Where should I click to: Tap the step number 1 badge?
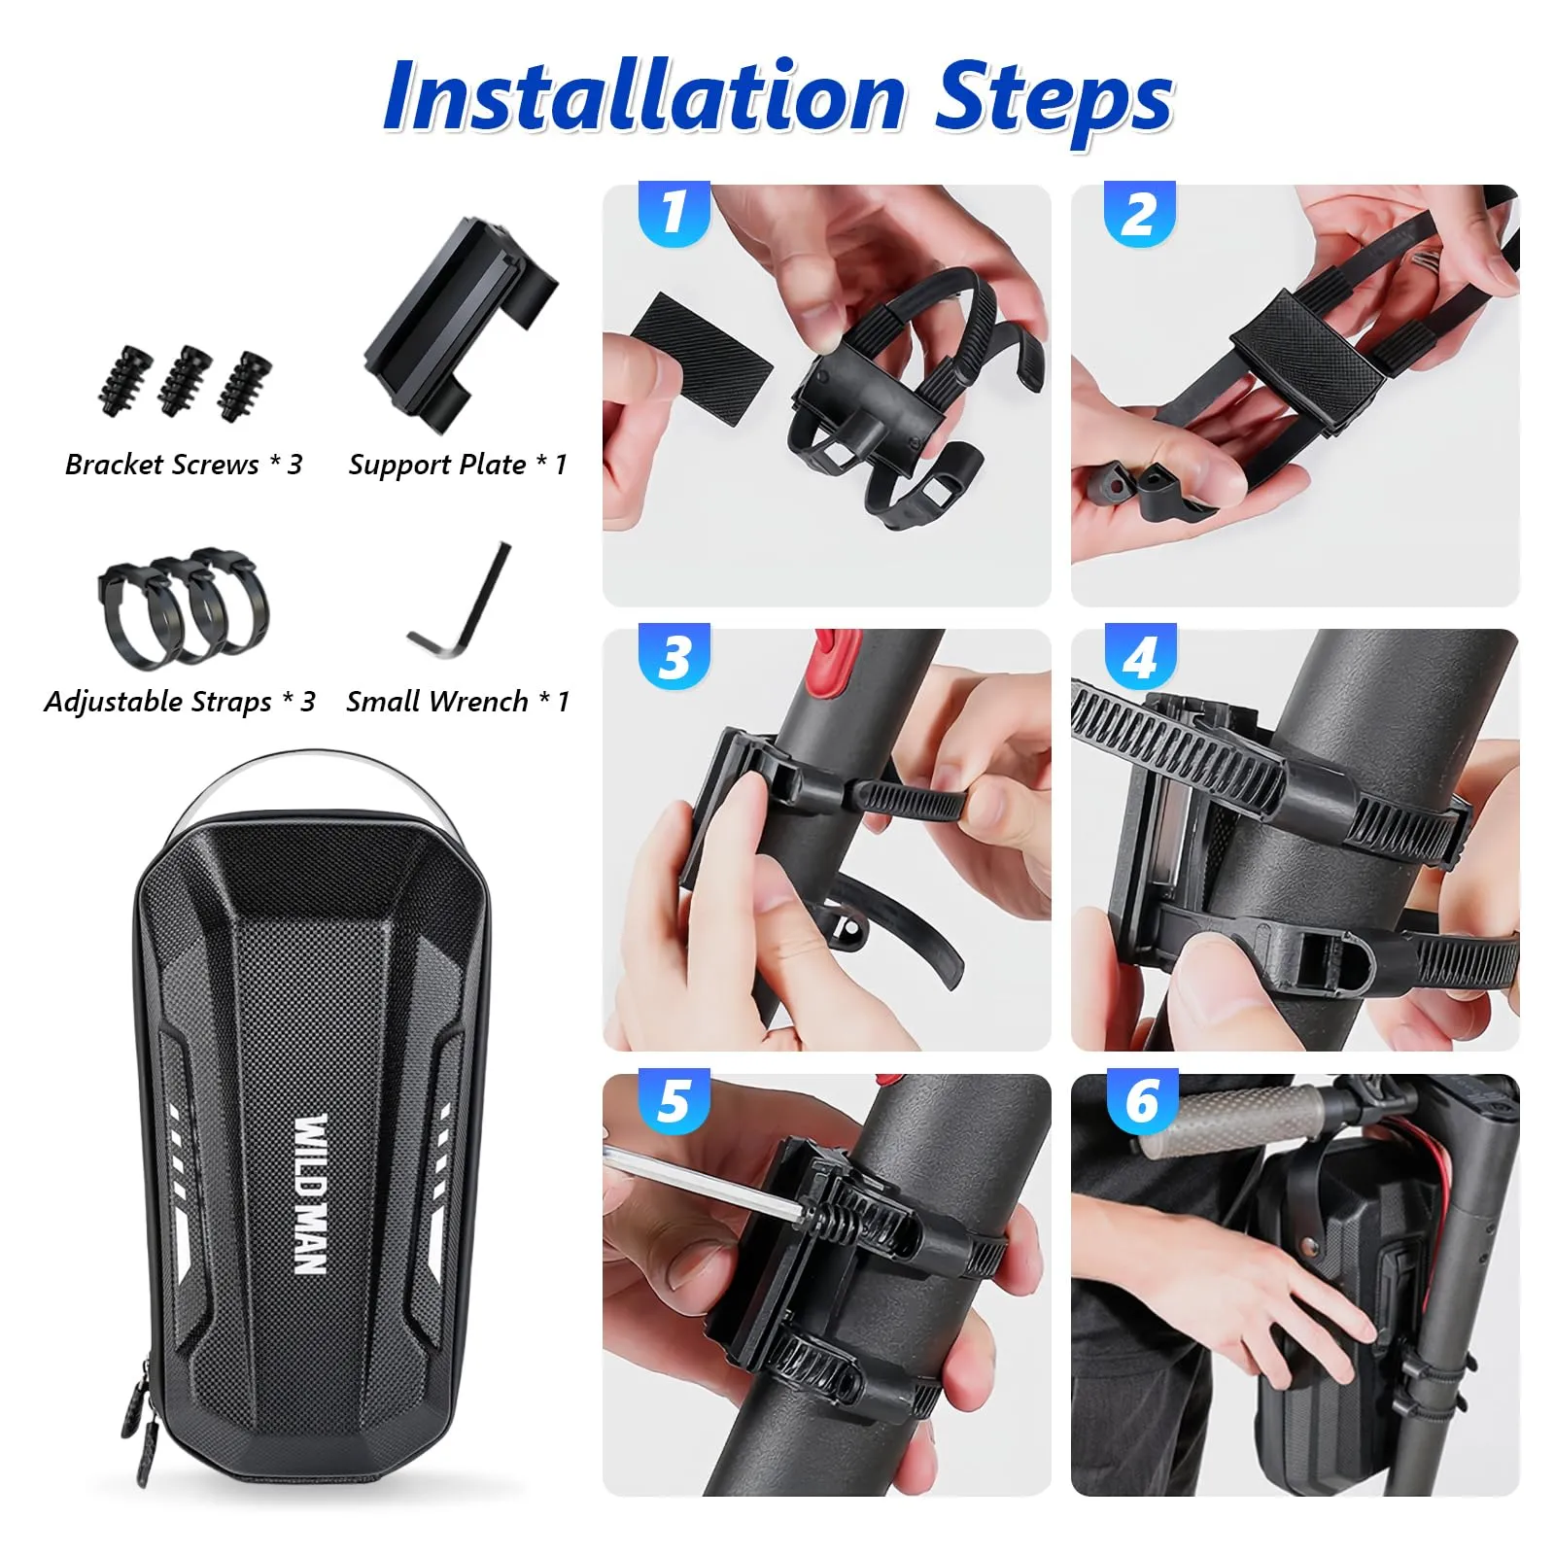(x=674, y=214)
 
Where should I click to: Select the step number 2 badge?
(x=1140, y=214)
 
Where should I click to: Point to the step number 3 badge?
(x=674, y=657)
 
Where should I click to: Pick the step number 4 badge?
(x=1140, y=657)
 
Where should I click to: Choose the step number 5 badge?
(x=674, y=1101)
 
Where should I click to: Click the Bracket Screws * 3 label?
(x=184, y=465)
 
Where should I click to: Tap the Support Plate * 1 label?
(x=458, y=466)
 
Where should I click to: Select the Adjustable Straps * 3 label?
(x=180, y=702)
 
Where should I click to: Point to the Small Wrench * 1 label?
(x=458, y=701)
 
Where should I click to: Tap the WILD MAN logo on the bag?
(x=310, y=1195)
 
